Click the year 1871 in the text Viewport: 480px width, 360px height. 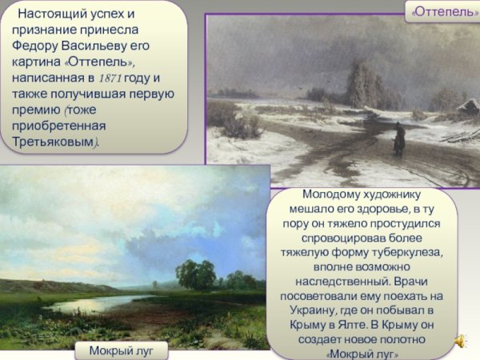point(110,78)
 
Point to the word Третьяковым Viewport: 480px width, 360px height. point(54,142)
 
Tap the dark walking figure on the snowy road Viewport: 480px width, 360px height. point(398,141)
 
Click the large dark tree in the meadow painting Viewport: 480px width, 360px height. point(195,274)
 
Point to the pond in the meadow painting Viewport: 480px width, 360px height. point(88,303)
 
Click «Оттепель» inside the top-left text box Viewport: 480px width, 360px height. point(96,62)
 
